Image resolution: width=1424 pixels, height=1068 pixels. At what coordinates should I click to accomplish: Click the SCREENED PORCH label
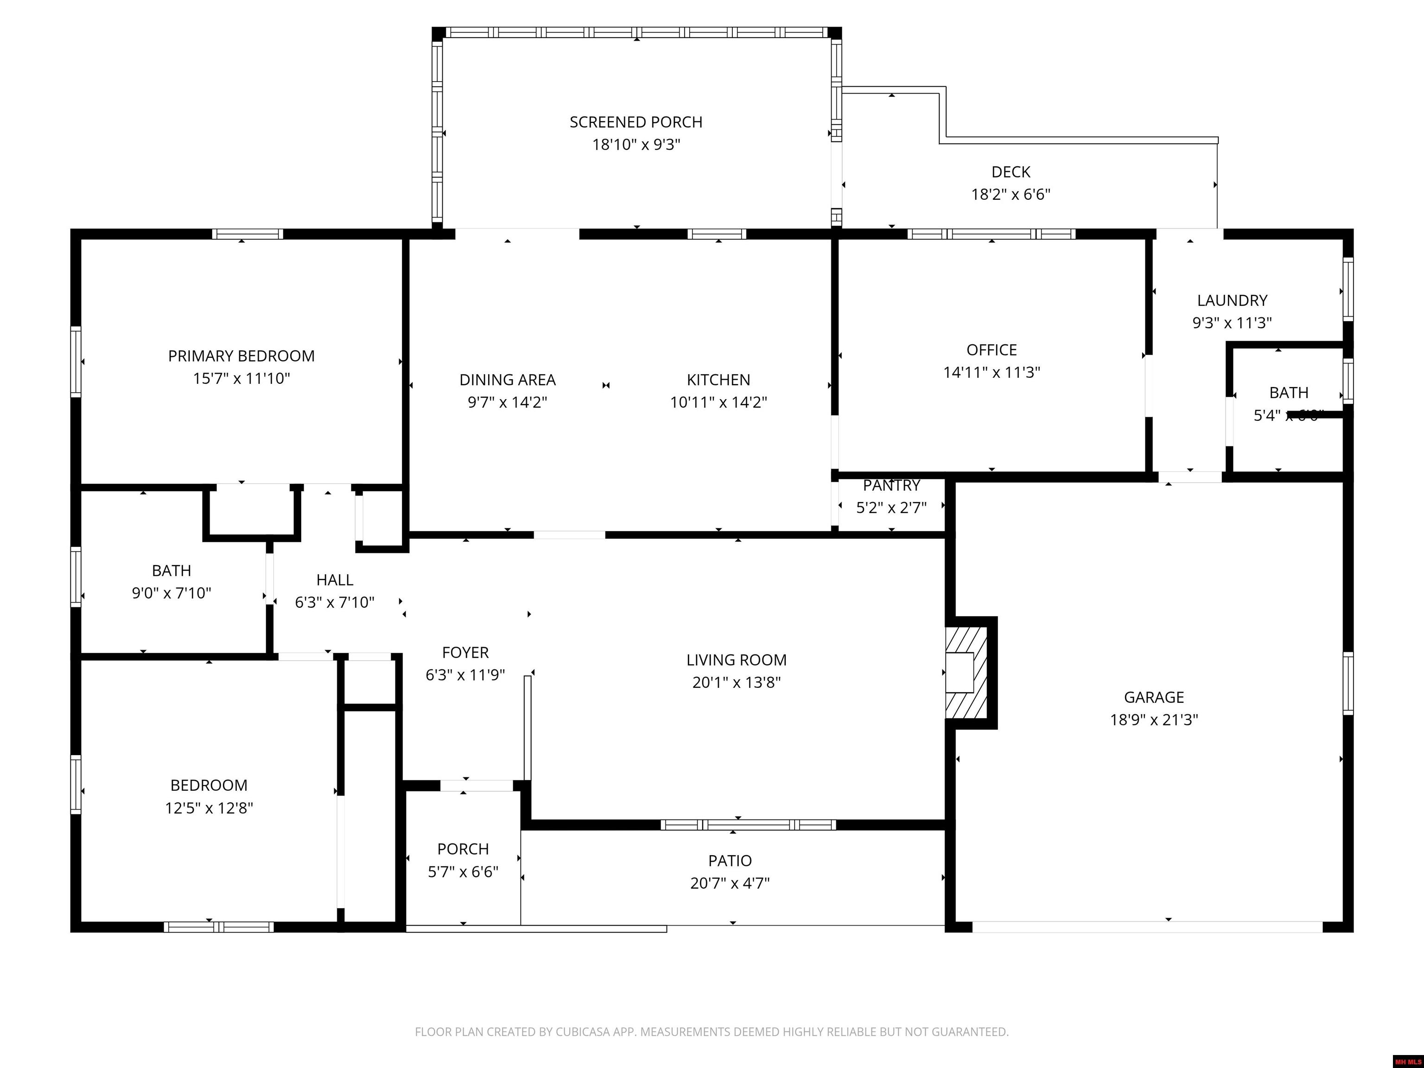tap(636, 122)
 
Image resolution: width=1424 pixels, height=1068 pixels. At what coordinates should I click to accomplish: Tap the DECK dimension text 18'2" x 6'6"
tap(1011, 194)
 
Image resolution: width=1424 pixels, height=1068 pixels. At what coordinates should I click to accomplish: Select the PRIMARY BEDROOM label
tap(242, 356)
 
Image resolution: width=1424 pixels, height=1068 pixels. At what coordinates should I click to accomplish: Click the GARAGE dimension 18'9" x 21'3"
tap(1154, 720)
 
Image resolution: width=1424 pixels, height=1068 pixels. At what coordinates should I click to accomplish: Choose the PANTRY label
tap(891, 485)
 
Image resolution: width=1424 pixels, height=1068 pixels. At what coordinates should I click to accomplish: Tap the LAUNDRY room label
tap(1232, 301)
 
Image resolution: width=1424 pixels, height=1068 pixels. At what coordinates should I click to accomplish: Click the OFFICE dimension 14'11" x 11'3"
tap(992, 373)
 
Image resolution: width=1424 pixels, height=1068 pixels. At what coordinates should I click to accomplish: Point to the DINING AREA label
tap(507, 380)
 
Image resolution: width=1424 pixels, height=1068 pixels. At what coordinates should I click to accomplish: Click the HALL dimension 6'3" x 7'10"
tap(334, 603)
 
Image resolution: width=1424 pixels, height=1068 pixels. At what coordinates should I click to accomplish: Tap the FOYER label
tap(465, 653)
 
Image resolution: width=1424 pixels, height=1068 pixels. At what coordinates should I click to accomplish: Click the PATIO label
tap(730, 861)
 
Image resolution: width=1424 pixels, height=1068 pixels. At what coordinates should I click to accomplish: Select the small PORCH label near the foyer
tap(463, 849)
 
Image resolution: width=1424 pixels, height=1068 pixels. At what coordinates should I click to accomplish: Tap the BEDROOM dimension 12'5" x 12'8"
tap(209, 808)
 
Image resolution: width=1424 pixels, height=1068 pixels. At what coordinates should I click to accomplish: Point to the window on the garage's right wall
tap(1348, 683)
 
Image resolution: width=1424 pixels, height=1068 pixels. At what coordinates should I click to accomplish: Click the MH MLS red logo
tap(1408, 1062)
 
